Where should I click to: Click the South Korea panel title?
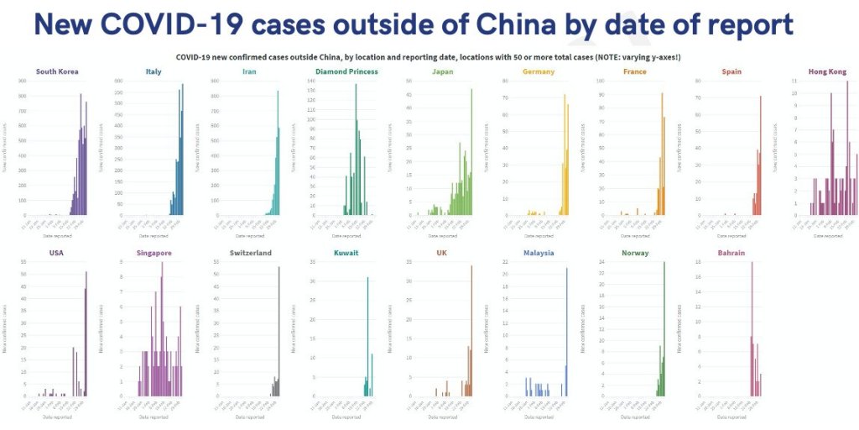57,72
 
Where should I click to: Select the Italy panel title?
154,72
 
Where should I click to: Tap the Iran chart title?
250,72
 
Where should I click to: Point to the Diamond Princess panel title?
346,72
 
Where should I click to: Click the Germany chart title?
539,72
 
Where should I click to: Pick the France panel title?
635,72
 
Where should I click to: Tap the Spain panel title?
731,72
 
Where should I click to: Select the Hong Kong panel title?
828,72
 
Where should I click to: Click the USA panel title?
57,253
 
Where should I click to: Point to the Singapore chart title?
154,253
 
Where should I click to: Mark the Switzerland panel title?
250,253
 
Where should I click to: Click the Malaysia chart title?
539,253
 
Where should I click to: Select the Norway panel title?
635,253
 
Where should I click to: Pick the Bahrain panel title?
731,253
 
